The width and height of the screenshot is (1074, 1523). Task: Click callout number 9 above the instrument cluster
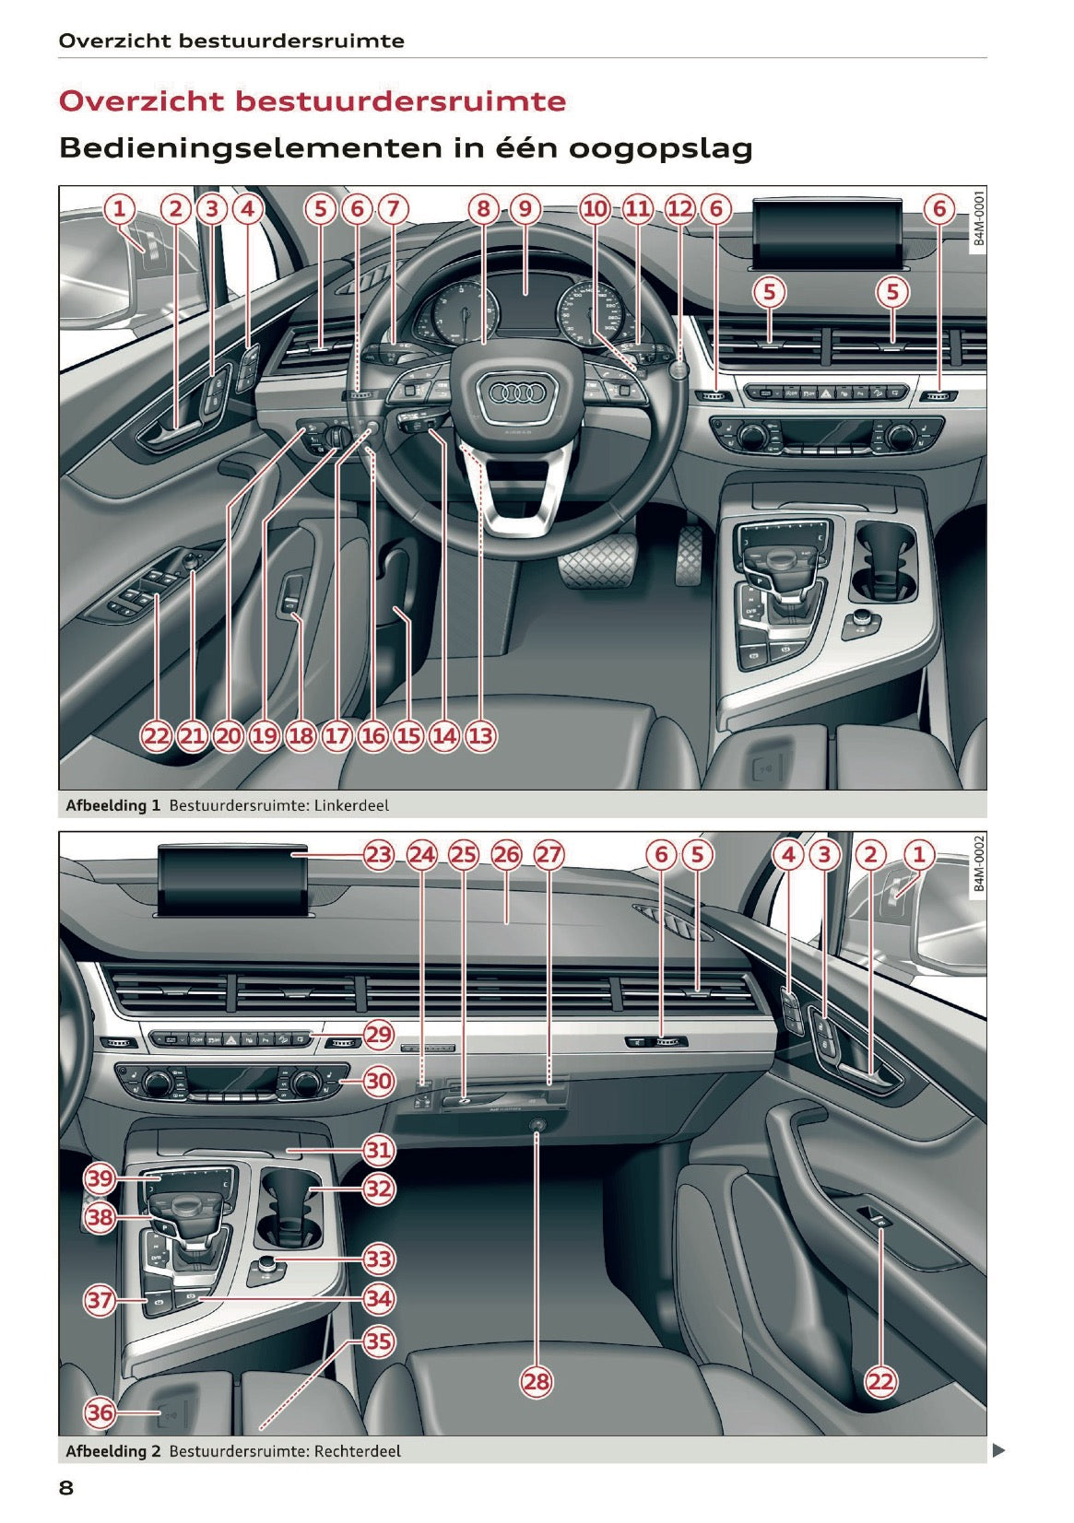525,209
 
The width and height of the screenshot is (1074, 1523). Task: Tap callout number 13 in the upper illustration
480,735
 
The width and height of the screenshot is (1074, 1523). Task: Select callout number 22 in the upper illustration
156,735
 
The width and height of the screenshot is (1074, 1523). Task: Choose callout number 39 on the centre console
100,1178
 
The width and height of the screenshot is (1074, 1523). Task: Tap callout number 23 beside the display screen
378,855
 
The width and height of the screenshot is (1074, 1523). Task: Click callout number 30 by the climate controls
378,1081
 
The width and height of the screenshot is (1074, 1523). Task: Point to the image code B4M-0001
978,218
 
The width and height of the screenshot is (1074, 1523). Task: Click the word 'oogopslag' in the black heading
660,149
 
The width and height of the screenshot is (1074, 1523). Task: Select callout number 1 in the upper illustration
120,209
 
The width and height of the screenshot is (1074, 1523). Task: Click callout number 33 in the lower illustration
378,1259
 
